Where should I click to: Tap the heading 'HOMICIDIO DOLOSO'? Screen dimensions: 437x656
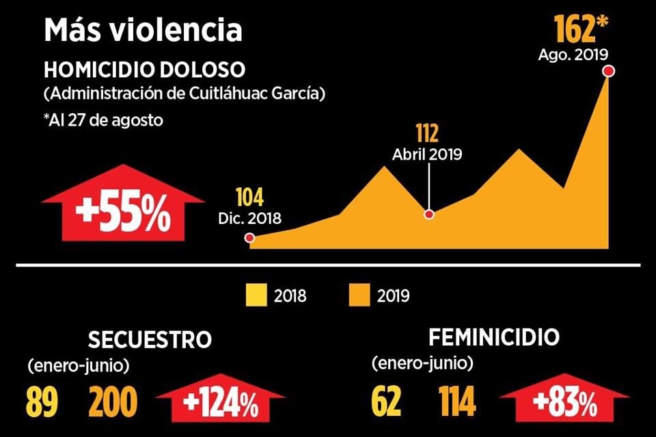(x=144, y=70)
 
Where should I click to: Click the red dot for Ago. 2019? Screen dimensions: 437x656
(x=608, y=70)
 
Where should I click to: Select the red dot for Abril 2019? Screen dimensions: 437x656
(x=429, y=214)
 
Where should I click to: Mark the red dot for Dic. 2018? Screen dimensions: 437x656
(x=250, y=238)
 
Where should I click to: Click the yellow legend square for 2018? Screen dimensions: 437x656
(x=255, y=296)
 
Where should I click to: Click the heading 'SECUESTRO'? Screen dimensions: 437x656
(x=150, y=340)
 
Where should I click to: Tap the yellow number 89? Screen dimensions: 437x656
(x=42, y=403)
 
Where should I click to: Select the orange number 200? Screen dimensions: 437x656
(x=112, y=403)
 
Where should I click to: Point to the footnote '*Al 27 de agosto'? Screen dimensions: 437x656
(x=102, y=119)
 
